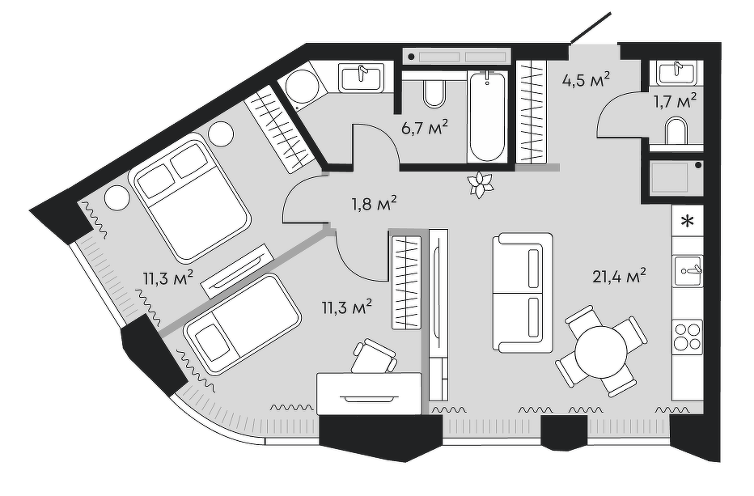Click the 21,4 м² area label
pyautogui.click(x=618, y=278)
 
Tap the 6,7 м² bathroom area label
pyautogui.click(x=425, y=127)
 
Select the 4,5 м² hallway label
pyautogui.click(x=586, y=80)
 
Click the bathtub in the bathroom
pyautogui.click(x=487, y=115)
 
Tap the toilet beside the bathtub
pyautogui.click(x=434, y=93)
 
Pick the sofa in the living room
pyautogui.click(x=523, y=291)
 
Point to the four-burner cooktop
pyautogui.click(x=687, y=336)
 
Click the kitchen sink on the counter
pyautogui.click(x=687, y=266)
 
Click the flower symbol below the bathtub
pyautogui.click(x=482, y=185)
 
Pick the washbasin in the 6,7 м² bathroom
pyautogui.click(x=361, y=78)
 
